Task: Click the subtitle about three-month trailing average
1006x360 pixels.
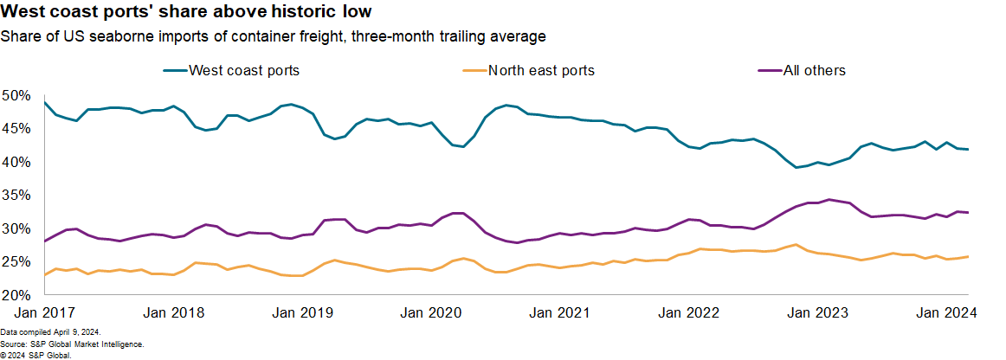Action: [274, 36]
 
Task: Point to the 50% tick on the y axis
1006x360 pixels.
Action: [16, 94]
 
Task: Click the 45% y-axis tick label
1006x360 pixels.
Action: [16, 128]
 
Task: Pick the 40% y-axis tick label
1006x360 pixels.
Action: [16, 162]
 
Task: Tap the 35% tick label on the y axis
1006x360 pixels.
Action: [16, 196]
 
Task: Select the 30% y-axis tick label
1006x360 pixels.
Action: [16, 228]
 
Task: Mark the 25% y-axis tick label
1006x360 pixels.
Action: [16, 262]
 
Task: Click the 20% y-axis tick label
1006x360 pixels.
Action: [16, 295]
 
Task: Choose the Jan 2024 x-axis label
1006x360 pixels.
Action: [946, 314]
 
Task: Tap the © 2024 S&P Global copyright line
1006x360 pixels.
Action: [35, 355]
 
